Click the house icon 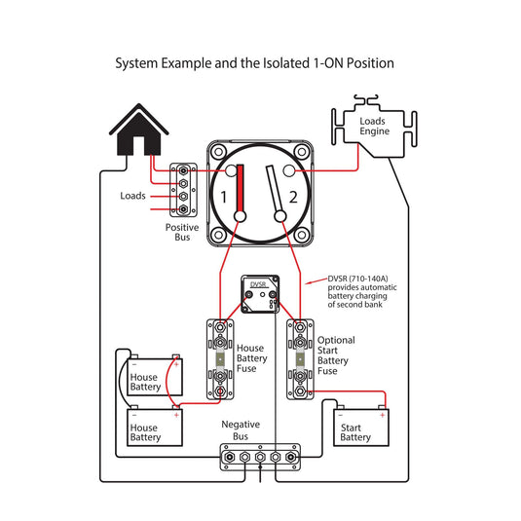[x=139, y=132]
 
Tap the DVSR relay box [x=260, y=294]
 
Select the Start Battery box [x=361, y=428]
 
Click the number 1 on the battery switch [x=224, y=197]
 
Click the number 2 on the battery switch [x=293, y=197]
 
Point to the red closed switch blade [x=240, y=189]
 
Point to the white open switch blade [x=275, y=189]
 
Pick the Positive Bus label [x=182, y=232]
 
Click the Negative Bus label [x=241, y=430]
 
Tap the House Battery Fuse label [x=252, y=358]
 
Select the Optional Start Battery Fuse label [x=336, y=355]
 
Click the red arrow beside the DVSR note [x=316, y=281]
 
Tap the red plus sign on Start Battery [x=383, y=415]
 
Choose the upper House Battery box [x=155, y=377]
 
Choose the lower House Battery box [x=155, y=428]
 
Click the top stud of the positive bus [x=183, y=170]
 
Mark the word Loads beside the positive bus [x=132, y=196]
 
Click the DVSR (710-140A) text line [x=357, y=279]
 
